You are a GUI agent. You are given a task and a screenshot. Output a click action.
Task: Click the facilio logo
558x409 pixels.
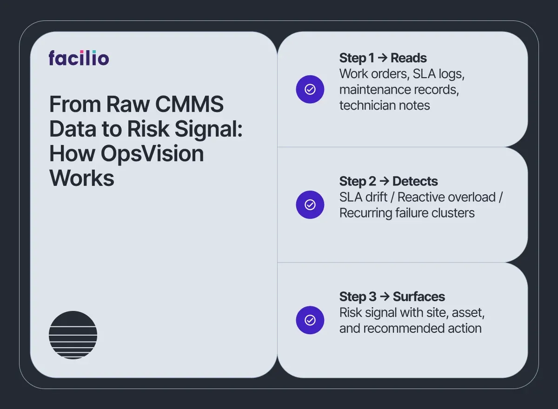(79, 58)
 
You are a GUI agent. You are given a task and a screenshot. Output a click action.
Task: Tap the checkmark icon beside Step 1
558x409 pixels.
(310, 89)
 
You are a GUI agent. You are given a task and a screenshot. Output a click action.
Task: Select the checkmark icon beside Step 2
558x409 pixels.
(310, 204)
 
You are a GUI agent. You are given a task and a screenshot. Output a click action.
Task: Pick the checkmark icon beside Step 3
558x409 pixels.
(310, 320)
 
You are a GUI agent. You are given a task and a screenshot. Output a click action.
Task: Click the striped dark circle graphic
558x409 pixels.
(73, 335)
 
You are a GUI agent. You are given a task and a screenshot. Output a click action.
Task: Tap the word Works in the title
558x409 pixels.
(82, 178)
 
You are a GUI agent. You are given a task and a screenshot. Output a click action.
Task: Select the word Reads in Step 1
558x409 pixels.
(408, 58)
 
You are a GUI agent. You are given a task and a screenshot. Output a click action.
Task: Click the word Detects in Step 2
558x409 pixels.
(415, 181)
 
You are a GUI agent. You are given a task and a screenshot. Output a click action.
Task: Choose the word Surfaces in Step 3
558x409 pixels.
(418, 297)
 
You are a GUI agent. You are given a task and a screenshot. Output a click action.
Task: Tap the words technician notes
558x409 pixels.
(385, 106)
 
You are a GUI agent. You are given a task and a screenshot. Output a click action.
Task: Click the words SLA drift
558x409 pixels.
(363, 197)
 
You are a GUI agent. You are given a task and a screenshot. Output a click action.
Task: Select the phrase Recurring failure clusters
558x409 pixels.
(407, 213)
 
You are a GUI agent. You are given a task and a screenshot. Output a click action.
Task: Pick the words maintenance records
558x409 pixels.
(399, 90)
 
